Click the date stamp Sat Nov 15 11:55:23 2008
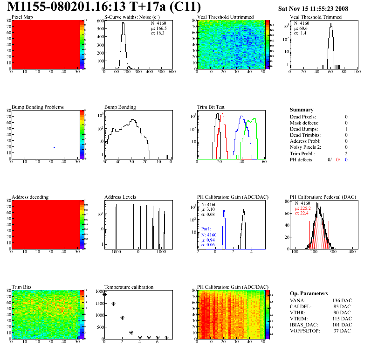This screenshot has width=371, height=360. [x=319, y=8]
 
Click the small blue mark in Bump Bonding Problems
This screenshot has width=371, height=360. [x=55, y=147]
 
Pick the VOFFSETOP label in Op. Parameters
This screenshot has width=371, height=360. [x=306, y=331]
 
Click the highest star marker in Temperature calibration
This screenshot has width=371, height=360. [x=104, y=294]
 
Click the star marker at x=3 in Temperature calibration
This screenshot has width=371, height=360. [x=131, y=332]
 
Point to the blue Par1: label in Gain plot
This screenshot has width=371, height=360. [x=207, y=229]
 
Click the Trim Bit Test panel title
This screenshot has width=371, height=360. [x=211, y=107]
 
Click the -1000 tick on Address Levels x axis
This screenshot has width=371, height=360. [x=115, y=251]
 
